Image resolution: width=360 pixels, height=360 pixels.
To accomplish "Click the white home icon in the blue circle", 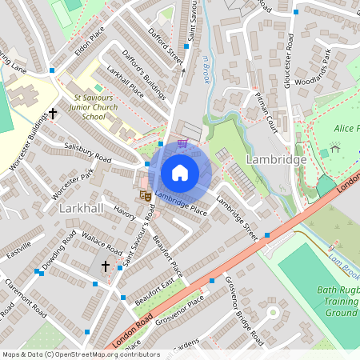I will coord(180,172).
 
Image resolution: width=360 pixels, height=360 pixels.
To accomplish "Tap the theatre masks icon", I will coord(146,194).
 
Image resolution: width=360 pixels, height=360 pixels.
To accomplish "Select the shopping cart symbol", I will coord(183,144).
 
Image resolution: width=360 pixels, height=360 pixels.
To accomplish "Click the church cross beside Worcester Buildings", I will coord(54,114).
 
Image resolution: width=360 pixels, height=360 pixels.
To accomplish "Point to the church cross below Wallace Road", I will coord(105,265).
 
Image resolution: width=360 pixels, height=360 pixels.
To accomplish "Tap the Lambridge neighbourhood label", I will coord(276,160).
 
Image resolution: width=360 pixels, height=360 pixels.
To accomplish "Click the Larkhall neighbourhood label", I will coord(82,208).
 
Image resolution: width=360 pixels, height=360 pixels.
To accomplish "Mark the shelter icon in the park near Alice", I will coord(334,147).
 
